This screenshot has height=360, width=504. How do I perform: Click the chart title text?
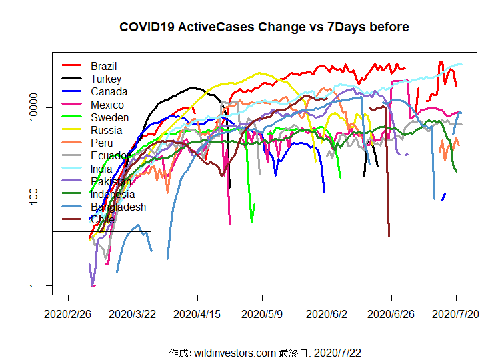pos(264,27)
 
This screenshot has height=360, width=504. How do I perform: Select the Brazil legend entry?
pos(104,66)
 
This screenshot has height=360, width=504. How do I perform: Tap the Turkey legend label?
pos(106,79)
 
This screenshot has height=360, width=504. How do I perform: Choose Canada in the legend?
pos(109,91)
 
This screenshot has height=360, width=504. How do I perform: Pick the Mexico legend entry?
pos(107,105)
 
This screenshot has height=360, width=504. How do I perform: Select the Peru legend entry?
pos(102,143)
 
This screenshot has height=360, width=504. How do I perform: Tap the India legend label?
pos(102,169)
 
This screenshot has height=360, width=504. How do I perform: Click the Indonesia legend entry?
pos(113,194)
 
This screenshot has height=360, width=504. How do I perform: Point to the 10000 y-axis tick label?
pos(39,107)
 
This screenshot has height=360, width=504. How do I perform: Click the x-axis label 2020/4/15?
pos(197,313)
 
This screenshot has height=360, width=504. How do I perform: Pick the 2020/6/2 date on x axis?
pos(327,313)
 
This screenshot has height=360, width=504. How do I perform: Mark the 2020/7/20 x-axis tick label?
pos(456,313)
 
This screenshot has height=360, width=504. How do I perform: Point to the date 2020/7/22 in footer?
pos(337,352)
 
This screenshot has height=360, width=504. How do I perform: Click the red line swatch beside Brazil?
pos(71,66)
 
